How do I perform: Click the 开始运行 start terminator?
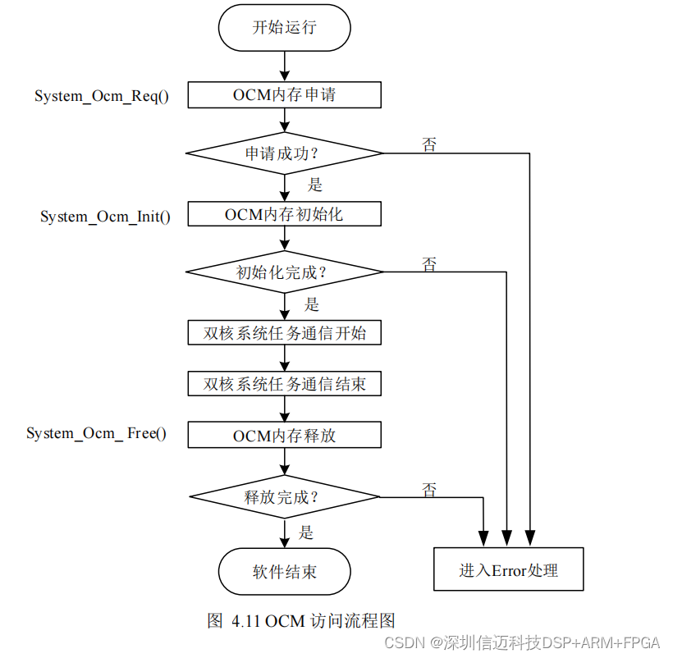[284, 27]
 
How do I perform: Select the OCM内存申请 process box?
[284, 94]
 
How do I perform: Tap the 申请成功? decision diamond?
[284, 153]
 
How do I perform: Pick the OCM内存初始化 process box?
[284, 215]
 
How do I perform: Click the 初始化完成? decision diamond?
[284, 272]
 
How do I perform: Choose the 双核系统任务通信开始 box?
[284, 333]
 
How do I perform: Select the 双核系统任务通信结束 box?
[284, 384]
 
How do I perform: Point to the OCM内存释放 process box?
[284, 435]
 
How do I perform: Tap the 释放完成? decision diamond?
[284, 496]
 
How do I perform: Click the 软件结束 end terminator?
[284, 571]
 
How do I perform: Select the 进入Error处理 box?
[508, 569]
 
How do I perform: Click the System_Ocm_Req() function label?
[102, 96]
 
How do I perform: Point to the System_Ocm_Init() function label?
[106, 217]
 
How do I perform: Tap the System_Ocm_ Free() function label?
[97, 433]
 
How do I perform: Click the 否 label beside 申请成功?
[429, 144]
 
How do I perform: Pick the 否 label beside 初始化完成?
[429, 264]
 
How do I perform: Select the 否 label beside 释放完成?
[429, 490]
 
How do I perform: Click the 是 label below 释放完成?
[305, 532]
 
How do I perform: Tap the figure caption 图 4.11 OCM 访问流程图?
[302, 620]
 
